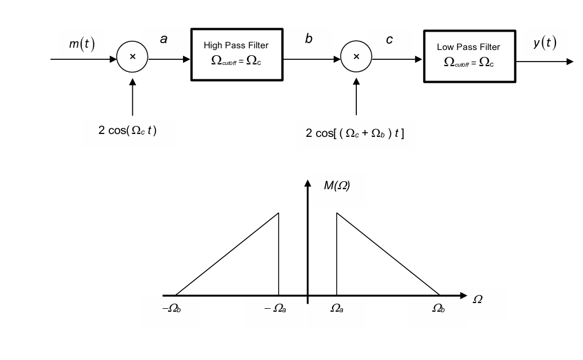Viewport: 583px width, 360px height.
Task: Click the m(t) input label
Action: tap(82, 45)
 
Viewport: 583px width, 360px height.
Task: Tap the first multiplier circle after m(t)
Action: tap(132, 56)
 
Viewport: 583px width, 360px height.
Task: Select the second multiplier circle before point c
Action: tap(356, 56)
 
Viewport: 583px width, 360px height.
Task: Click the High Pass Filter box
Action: tap(237, 54)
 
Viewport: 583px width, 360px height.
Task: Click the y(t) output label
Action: tap(544, 43)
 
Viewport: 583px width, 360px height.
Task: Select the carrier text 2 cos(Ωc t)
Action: tap(127, 129)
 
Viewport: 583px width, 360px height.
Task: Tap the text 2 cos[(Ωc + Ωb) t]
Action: tap(355, 133)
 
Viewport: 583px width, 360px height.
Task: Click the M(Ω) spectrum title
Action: tap(336, 186)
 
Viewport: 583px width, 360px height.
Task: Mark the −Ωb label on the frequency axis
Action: tap(171, 309)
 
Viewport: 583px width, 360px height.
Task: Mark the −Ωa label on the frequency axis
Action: tap(275, 309)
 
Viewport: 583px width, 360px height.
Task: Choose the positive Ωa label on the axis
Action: tap(337, 309)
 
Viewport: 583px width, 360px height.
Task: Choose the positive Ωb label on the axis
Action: tap(439, 309)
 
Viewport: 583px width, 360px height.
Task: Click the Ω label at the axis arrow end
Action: tap(477, 300)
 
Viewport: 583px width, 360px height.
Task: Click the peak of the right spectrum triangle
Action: tap(337, 213)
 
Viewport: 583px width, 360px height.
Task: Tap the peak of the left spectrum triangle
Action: tap(279, 213)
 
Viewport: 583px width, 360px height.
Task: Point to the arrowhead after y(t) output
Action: tap(570, 62)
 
